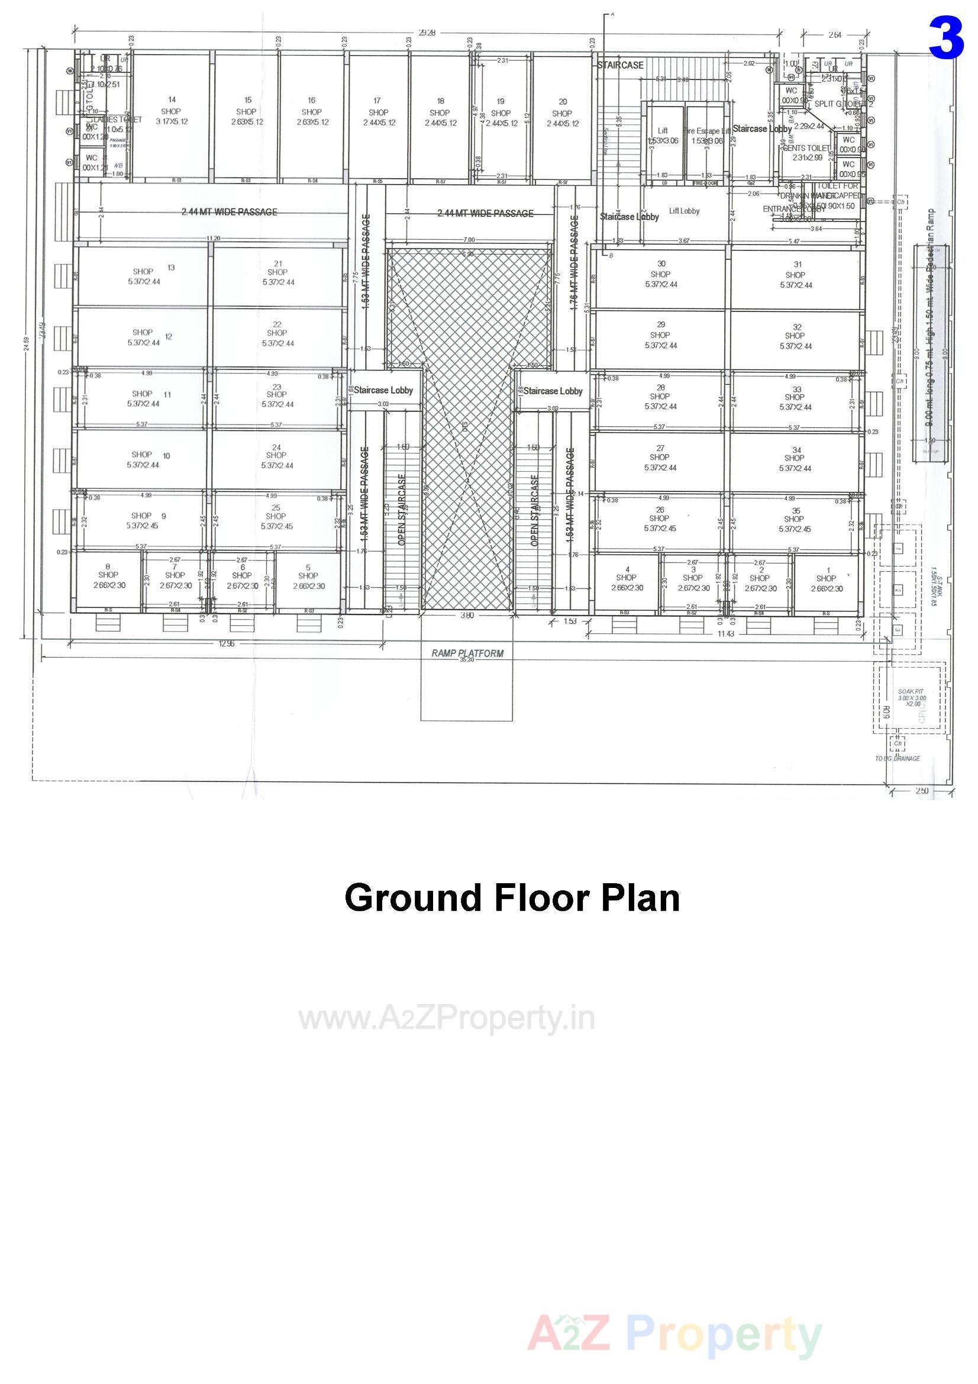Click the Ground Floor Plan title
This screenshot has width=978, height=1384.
tap(512, 897)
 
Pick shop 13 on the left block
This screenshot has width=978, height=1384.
tap(144, 276)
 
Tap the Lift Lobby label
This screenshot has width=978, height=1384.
tap(684, 211)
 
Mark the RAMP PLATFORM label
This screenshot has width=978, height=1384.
tap(467, 654)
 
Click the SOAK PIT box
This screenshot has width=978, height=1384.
tap(909, 697)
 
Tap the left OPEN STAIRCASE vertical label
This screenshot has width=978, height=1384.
tap(402, 510)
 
